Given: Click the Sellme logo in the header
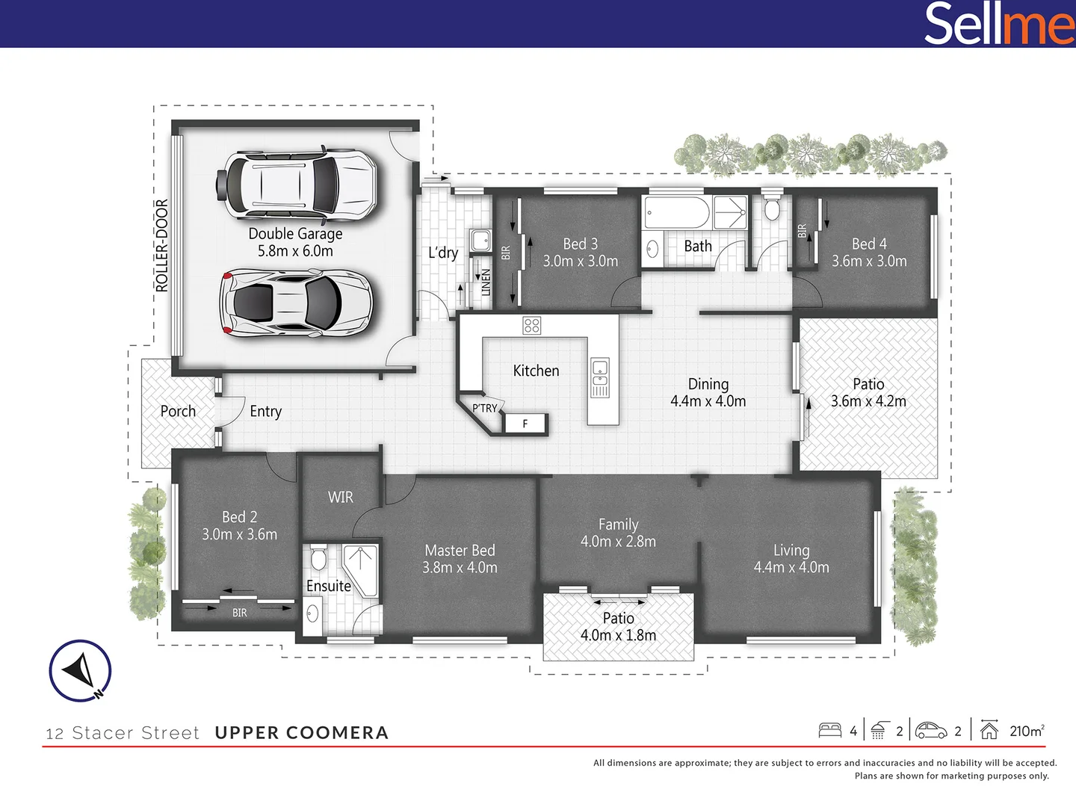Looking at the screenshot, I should [998, 24].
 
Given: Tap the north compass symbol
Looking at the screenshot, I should [81, 670].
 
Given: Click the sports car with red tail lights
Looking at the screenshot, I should [297, 303].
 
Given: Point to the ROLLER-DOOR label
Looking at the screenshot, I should [162, 245].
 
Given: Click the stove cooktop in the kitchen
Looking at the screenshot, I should [531, 325].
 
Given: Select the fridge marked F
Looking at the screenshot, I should [526, 424].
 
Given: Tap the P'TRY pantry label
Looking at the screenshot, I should [484, 408].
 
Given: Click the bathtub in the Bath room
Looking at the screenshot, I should [675, 213].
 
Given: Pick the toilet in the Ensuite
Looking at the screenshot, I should [318, 558].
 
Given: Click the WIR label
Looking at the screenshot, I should [340, 497].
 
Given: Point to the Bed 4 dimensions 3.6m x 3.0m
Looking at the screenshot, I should [869, 262].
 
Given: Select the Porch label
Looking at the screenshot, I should [178, 411].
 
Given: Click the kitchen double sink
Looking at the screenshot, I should [600, 377].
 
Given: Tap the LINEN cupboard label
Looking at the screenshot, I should [485, 282].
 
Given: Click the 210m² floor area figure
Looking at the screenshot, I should [1027, 731].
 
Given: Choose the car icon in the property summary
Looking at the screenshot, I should [931, 730].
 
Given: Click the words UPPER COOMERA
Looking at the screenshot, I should [301, 732].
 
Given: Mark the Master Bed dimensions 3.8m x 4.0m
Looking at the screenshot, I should [460, 568].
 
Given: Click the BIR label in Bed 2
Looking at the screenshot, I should [239, 613].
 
